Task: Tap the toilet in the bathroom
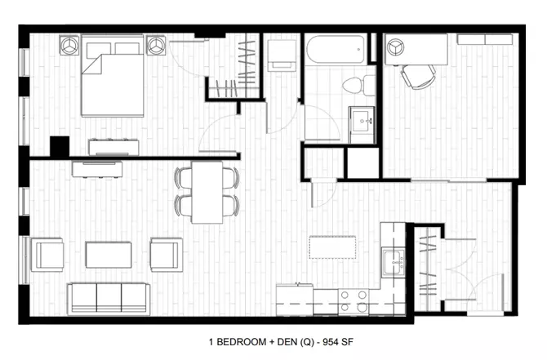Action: [x=358, y=85]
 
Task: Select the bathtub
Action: [x=336, y=49]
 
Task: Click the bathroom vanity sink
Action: [x=362, y=121]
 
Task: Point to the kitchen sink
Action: [x=394, y=261]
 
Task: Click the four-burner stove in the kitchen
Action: [x=354, y=301]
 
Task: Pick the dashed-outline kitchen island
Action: [x=332, y=247]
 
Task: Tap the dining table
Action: [x=207, y=192]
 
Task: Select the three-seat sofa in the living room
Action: [x=109, y=298]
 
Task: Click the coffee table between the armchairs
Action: [x=109, y=255]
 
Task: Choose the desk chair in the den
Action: [x=418, y=77]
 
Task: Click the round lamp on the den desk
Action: [x=396, y=47]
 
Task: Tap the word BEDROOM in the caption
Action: [x=242, y=342]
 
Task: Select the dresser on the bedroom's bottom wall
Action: [x=113, y=147]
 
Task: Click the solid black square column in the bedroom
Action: [x=60, y=146]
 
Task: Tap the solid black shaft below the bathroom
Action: [x=363, y=163]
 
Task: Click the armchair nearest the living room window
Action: [x=48, y=255]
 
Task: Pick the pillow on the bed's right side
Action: [x=127, y=48]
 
